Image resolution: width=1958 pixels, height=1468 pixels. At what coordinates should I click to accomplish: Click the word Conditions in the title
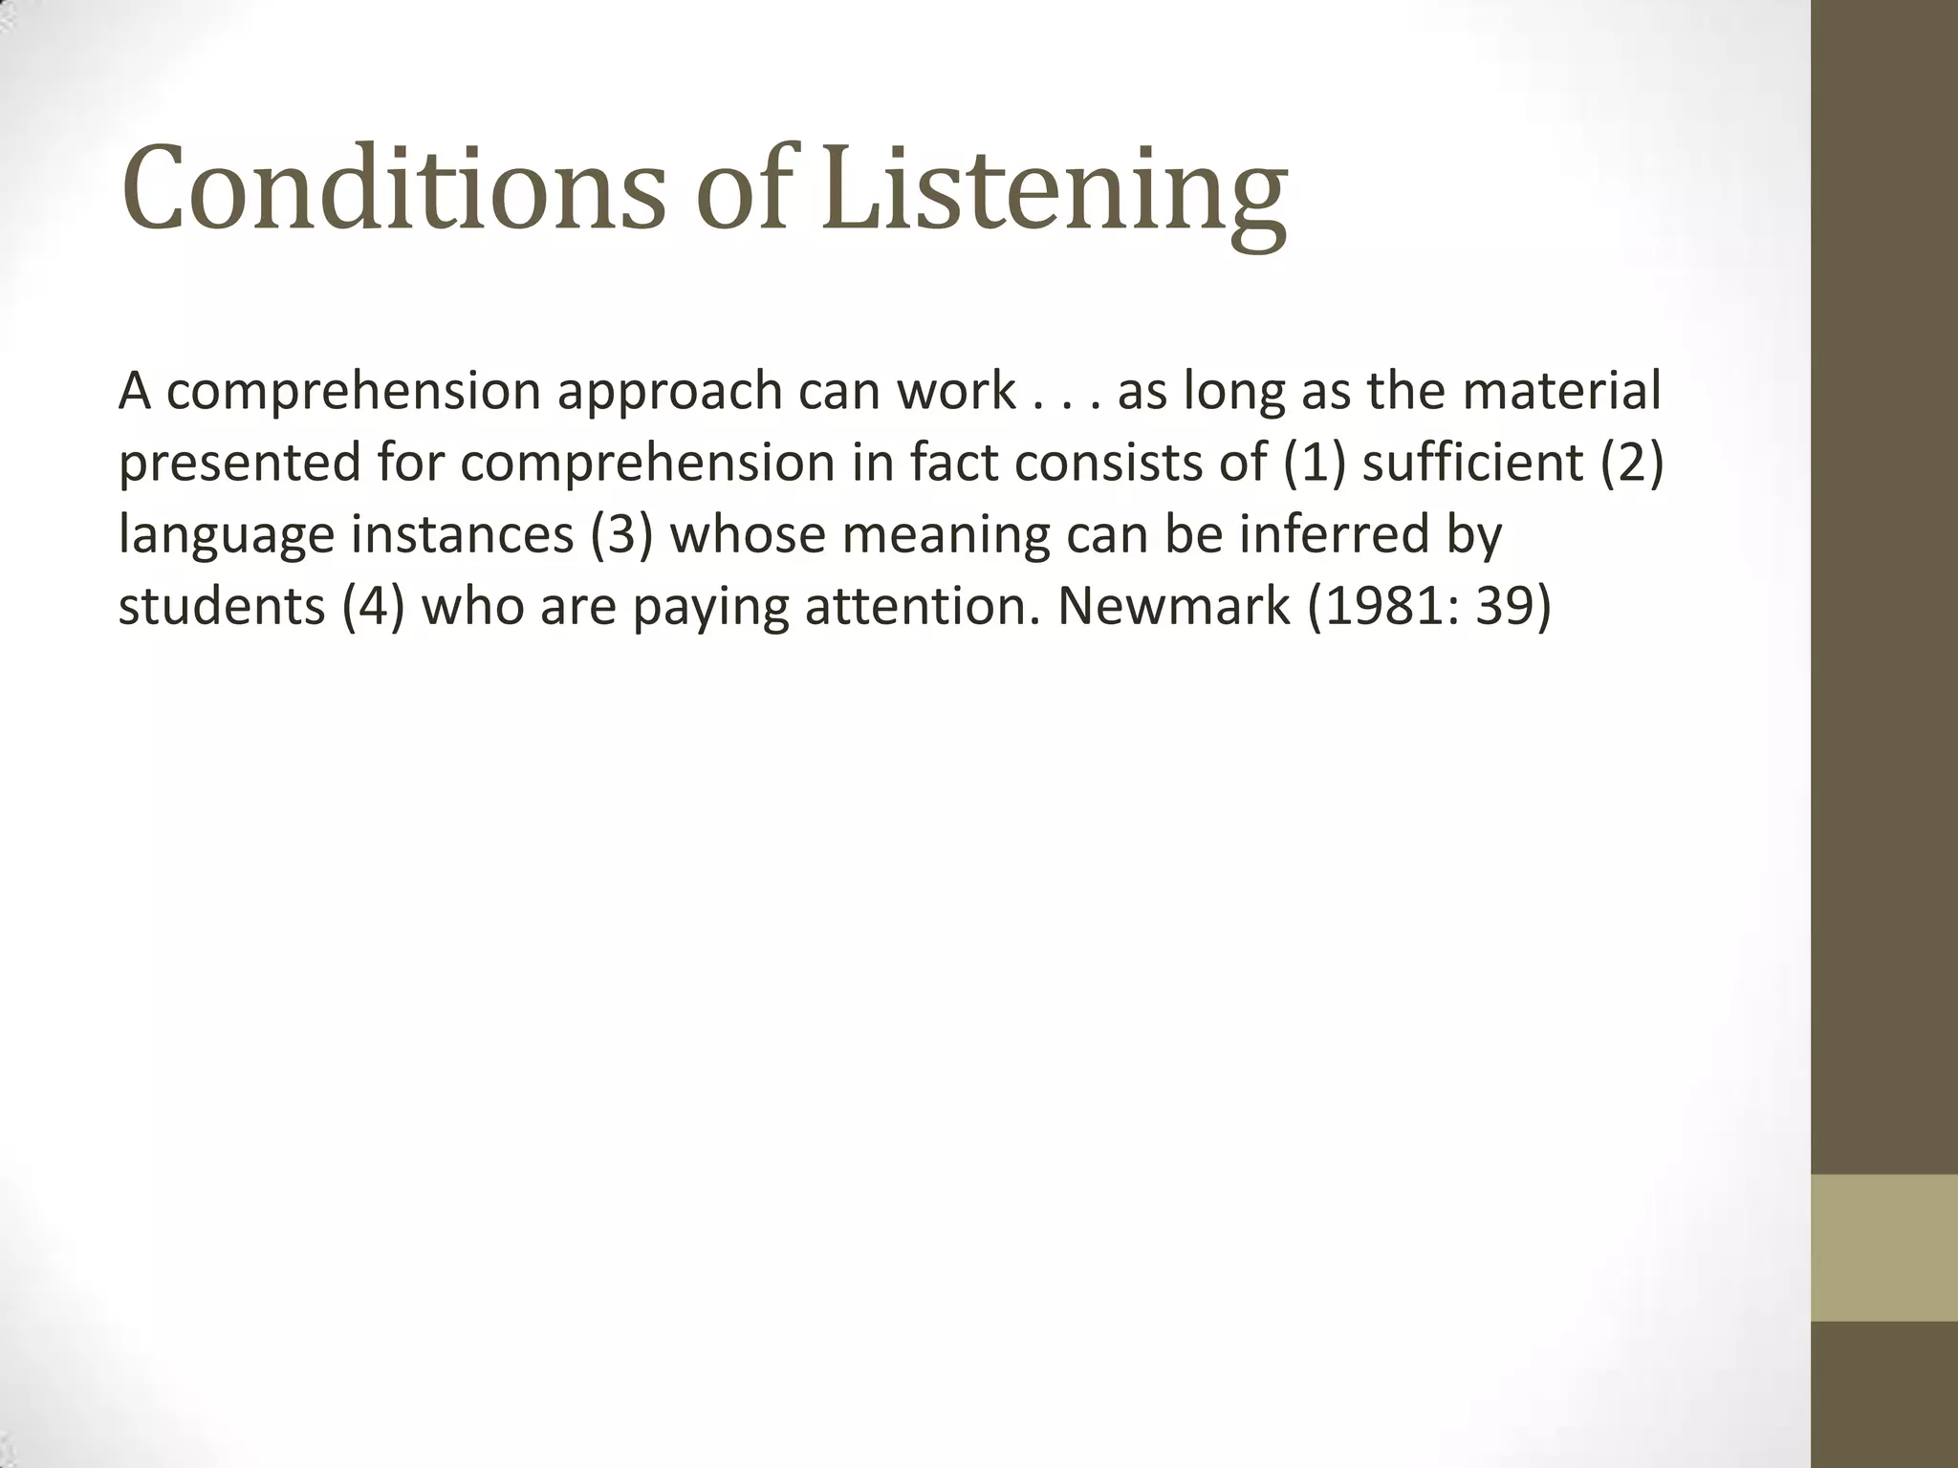pyautogui.click(x=392, y=188)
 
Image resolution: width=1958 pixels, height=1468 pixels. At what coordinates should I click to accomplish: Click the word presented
pyautogui.click(x=239, y=464)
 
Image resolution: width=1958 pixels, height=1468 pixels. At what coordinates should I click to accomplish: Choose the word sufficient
pyautogui.click(x=1473, y=463)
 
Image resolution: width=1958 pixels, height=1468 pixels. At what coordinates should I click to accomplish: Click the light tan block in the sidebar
pyautogui.click(x=1884, y=1247)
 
